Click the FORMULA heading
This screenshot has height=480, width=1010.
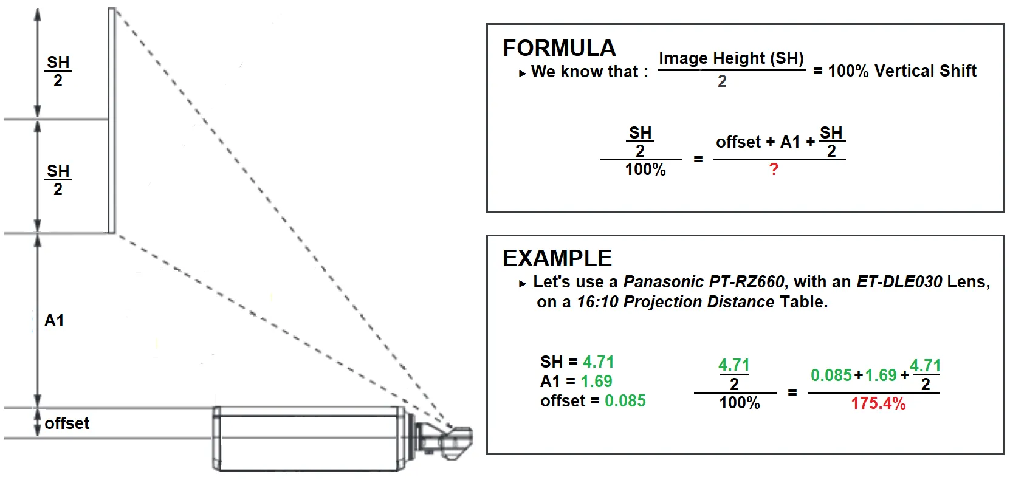(559, 48)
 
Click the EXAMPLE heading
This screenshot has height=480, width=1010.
(557, 258)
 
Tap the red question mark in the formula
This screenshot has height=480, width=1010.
(774, 170)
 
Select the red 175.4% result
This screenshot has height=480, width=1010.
(878, 403)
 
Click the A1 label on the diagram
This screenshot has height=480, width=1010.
(54, 320)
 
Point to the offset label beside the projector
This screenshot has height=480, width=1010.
(67, 423)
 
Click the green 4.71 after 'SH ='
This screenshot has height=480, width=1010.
(599, 362)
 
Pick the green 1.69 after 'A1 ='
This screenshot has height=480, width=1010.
(597, 382)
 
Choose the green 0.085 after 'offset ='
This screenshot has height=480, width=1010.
(625, 400)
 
